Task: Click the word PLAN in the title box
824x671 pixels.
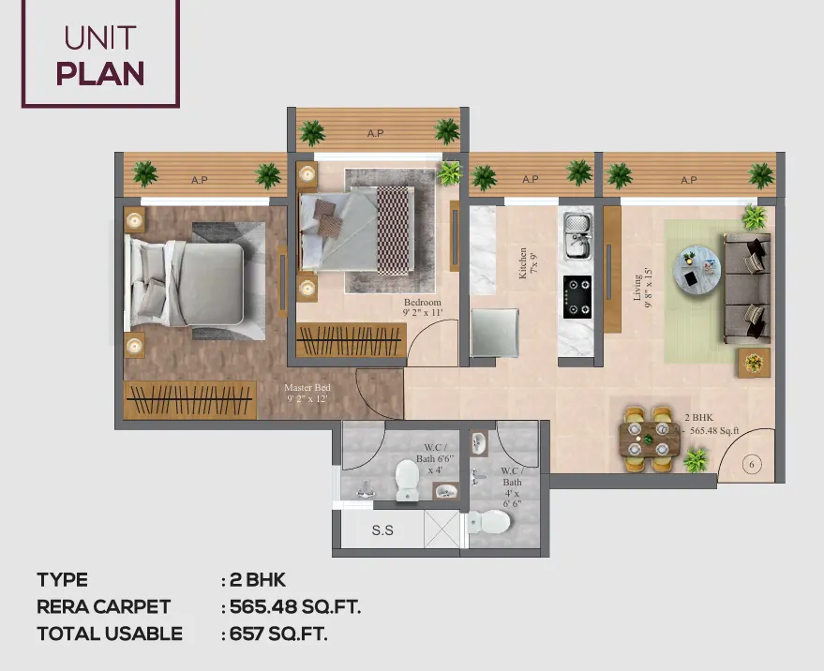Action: point(100,73)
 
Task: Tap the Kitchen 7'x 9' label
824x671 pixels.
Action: point(528,262)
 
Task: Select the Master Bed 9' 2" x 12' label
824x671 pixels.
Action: point(307,393)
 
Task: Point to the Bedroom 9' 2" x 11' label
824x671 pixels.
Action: point(423,307)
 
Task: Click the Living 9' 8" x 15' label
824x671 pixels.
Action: point(642,288)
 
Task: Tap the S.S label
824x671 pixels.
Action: point(382,530)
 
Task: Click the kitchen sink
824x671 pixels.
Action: point(577,236)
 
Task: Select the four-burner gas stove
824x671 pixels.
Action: point(577,297)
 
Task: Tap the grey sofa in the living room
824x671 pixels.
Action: point(747,289)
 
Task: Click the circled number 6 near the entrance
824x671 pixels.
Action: point(752,464)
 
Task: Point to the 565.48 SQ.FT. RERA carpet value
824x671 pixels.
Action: point(295,607)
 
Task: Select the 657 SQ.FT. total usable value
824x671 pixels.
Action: point(278,634)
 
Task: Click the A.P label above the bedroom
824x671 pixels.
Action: point(375,133)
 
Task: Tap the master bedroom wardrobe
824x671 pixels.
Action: point(190,400)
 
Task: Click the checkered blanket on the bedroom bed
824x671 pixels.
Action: point(393,231)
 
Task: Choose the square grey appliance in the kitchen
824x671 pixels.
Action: point(495,333)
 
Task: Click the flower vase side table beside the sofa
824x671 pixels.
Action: point(754,363)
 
